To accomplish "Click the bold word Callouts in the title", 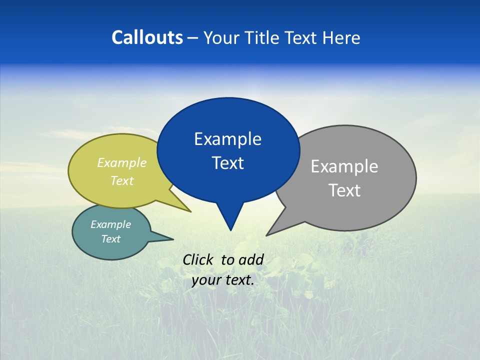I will [x=147, y=37].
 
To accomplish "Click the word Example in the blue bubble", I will [x=227, y=139].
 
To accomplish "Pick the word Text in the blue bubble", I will [x=227, y=163].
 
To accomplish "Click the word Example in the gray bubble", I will [x=344, y=166].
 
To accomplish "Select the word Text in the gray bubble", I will [x=344, y=190].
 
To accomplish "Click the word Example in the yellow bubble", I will [x=122, y=163].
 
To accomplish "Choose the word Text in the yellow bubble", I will [x=122, y=180].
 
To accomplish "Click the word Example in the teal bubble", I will [x=110, y=224].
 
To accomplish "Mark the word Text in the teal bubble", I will [x=110, y=239].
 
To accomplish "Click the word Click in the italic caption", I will [x=198, y=259].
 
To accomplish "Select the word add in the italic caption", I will [x=250, y=259].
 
